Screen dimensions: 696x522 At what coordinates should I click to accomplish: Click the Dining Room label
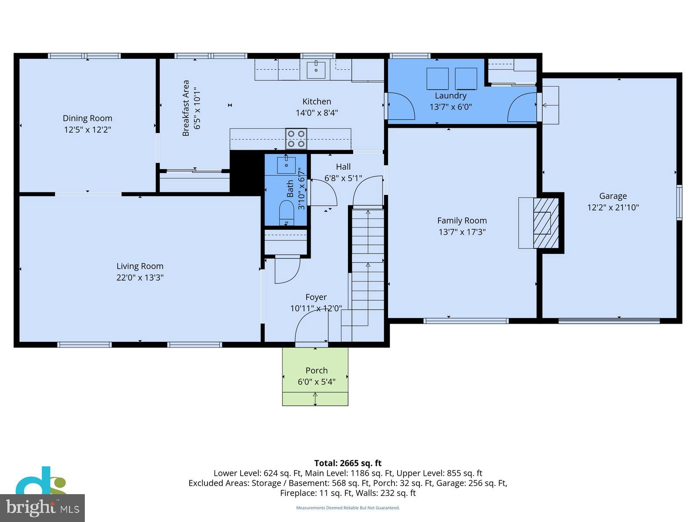[87, 118]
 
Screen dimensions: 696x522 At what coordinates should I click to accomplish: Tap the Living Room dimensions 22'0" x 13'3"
[140, 278]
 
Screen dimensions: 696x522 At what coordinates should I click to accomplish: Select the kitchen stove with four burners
[296, 138]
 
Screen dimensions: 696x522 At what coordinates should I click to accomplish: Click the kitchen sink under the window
[316, 70]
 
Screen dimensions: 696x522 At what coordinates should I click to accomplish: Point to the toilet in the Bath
[286, 213]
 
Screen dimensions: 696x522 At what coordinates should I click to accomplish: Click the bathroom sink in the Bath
[286, 165]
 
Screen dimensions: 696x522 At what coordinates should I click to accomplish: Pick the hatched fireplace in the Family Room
[545, 223]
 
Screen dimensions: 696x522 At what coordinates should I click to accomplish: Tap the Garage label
[613, 196]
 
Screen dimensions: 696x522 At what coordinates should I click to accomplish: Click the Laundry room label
[451, 96]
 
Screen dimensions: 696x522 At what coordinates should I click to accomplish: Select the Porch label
[316, 371]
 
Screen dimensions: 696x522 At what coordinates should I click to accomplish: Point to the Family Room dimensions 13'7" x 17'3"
[462, 232]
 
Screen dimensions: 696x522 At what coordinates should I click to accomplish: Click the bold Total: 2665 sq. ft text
[348, 463]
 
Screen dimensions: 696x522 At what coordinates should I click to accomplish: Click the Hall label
[343, 167]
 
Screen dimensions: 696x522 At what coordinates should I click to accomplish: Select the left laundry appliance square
[438, 79]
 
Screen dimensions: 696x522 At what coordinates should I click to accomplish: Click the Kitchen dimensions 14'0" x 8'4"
[317, 113]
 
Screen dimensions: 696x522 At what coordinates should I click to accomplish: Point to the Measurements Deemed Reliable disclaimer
[348, 508]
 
